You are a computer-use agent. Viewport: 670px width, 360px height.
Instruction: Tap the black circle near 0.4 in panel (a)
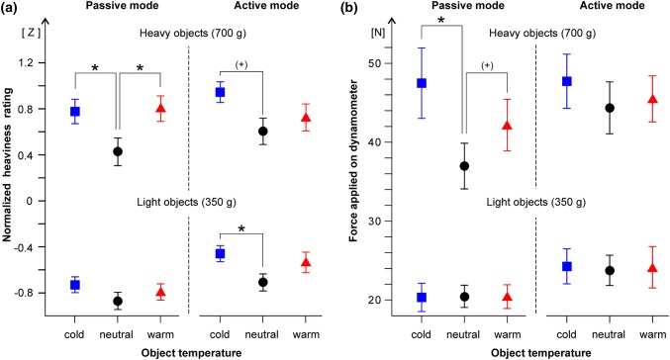(118, 151)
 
